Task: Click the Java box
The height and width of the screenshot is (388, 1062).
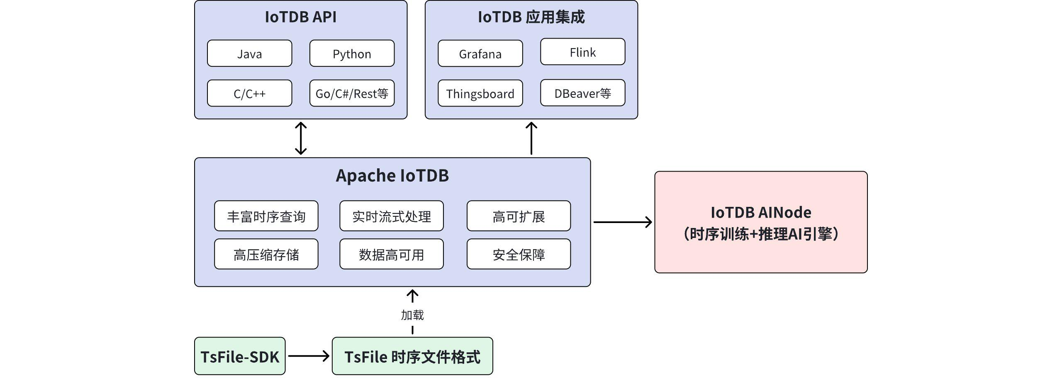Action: point(249,53)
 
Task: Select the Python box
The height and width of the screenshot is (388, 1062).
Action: point(352,53)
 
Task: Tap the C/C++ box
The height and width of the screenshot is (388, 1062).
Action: point(249,93)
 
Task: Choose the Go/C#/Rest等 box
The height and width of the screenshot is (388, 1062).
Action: point(352,93)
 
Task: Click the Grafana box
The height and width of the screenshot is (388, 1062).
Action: point(480,53)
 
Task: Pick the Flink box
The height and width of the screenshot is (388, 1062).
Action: point(582,52)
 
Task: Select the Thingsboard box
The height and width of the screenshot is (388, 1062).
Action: point(480,93)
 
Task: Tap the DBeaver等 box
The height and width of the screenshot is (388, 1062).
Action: point(582,93)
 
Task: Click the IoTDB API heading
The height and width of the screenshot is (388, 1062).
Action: point(300,17)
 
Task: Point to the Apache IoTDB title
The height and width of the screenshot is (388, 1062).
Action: point(392,175)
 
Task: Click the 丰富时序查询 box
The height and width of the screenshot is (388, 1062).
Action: point(266,216)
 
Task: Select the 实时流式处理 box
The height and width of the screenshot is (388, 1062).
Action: point(391,216)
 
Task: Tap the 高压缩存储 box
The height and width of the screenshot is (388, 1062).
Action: point(266,254)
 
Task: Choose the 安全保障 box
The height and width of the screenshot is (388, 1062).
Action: point(519,254)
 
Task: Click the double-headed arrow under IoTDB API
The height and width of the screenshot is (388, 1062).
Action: point(301,138)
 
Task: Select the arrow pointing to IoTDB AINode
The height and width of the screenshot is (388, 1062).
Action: point(622,222)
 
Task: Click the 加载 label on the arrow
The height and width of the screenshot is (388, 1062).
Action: point(412,315)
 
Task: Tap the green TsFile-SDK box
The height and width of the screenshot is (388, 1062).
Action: point(240,356)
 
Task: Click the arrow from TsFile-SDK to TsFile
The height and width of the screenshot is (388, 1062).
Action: point(309,356)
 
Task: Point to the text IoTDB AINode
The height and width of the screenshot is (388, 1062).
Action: point(760,212)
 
